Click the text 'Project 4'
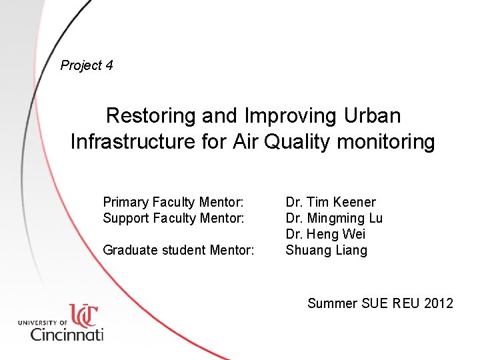(x=87, y=65)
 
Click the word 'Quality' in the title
(x=294, y=142)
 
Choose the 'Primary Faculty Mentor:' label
(x=173, y=202)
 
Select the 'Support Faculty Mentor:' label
(x=173, y=218)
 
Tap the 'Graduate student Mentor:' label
(x=179, y=251)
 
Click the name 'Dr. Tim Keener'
(x=331, y=202)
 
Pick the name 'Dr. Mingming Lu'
(x=334, y=218)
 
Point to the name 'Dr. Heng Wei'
(x=325, y=234)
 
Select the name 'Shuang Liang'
(x=326, y=251)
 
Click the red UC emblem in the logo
(x=83, y=315)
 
